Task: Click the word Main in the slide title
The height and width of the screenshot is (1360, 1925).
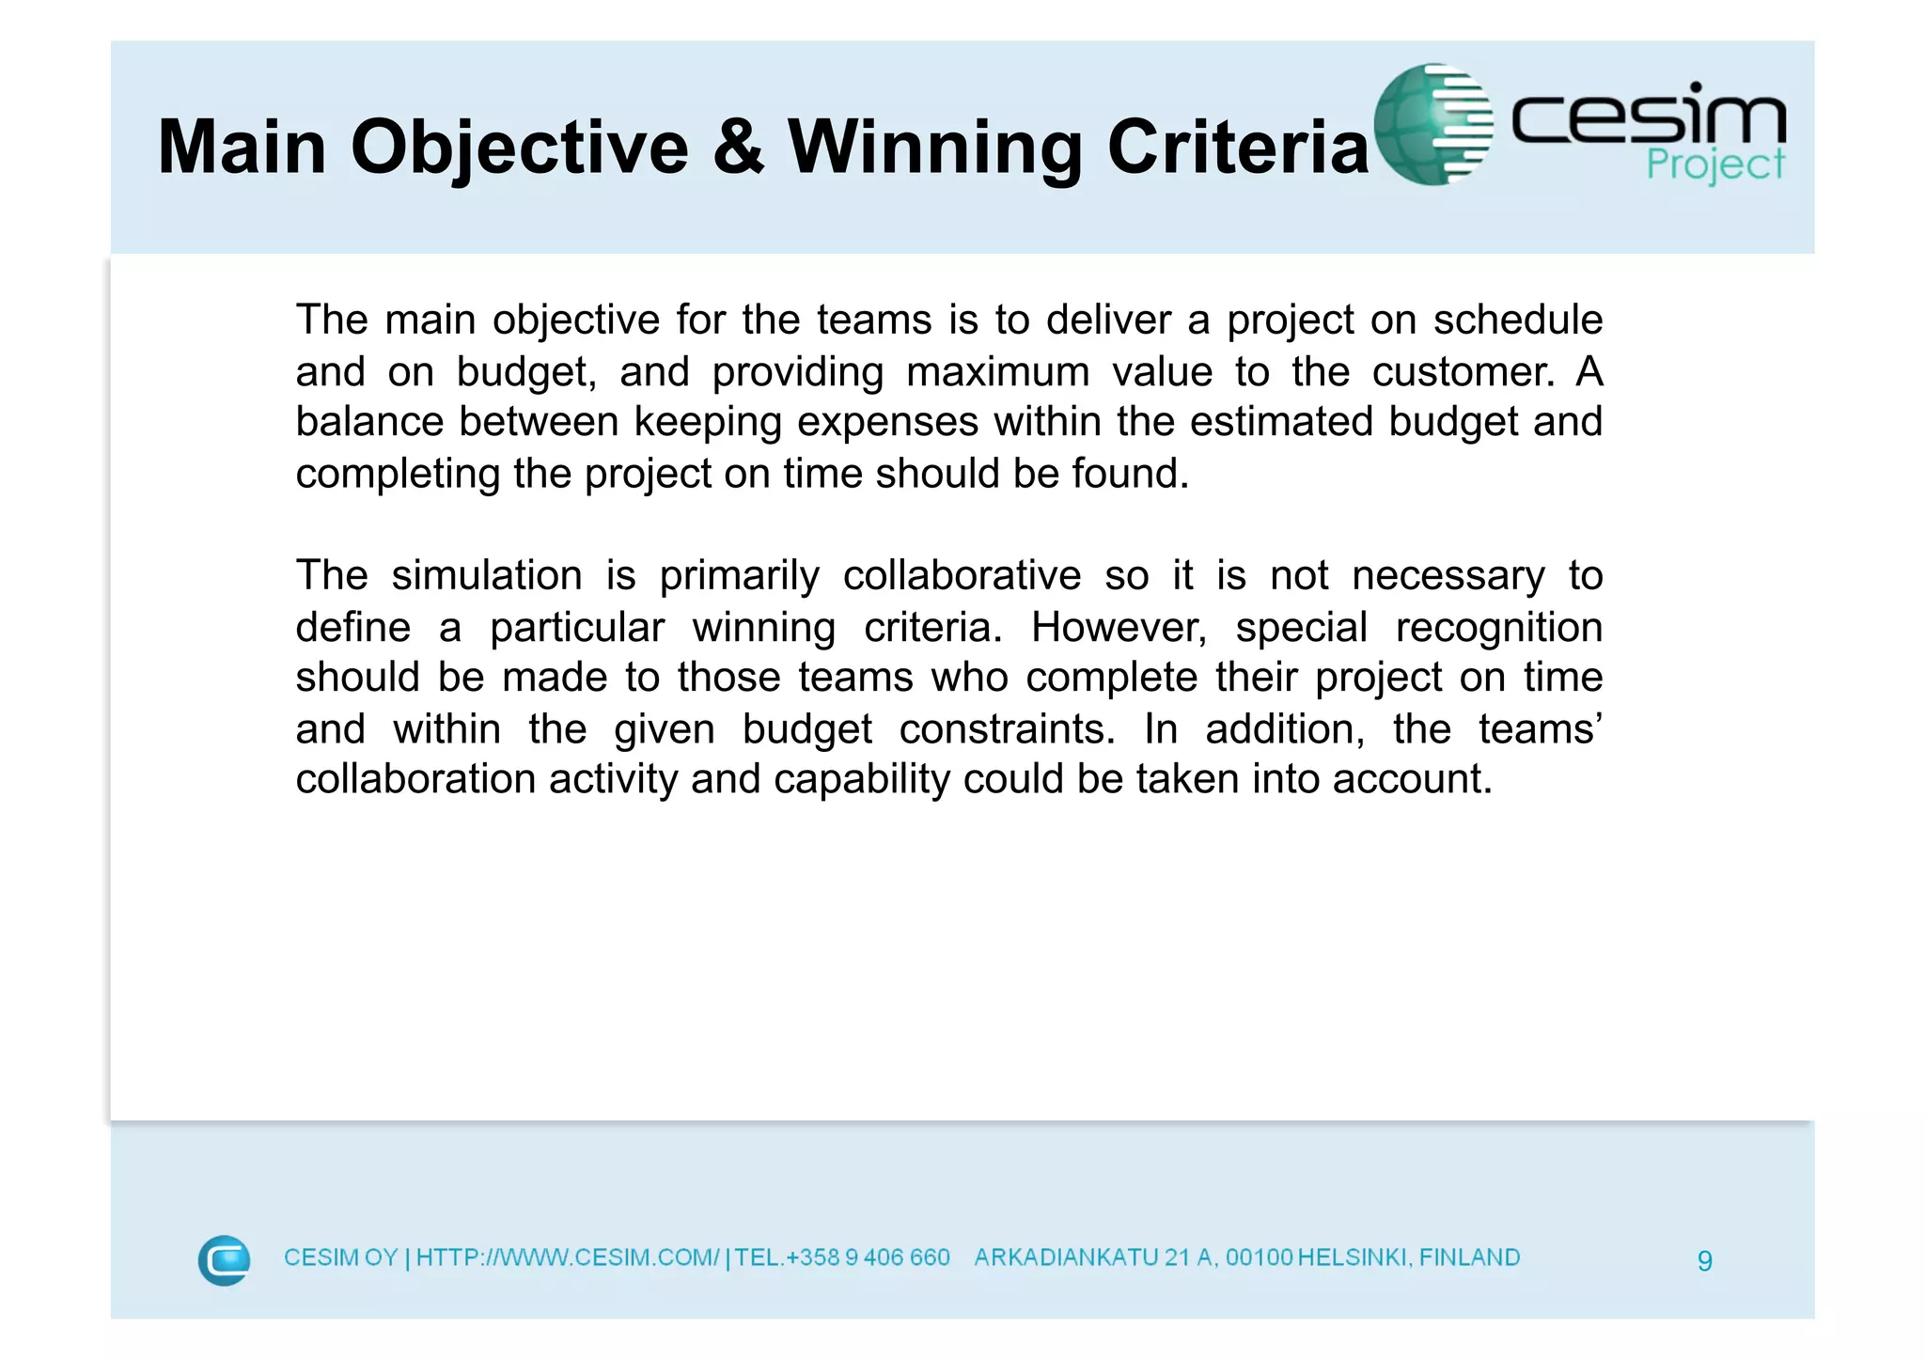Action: click(242, 148)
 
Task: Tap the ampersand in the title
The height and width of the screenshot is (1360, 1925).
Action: click(738, 148)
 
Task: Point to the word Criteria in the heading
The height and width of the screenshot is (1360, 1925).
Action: click(1238, 148)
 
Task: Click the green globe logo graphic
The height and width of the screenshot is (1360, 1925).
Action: click(1432, 124)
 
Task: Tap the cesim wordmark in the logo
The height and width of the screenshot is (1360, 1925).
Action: click(1648, 117)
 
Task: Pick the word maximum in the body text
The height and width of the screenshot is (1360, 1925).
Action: click(997, 372)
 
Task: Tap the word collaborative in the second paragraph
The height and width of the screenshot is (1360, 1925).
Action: click(962, 575)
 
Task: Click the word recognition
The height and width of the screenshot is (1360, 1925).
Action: click(1498, 628)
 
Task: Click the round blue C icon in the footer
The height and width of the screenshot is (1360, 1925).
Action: click(224, 1259)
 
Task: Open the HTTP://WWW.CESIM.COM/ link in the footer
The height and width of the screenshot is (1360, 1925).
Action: click(568, 1258)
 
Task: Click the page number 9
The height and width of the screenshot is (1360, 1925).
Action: click(1705, 1260)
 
